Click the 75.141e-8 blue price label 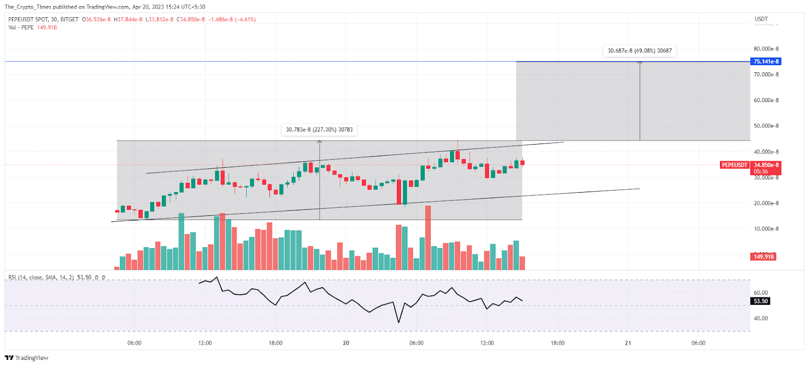[x=766, y=62]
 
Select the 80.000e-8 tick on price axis [x=766, y=49]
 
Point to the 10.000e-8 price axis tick [x=766, y=229]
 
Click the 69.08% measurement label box [x=640, y=51]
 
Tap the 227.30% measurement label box [x=319, y=130]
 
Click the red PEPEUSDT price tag [x=734, y=165]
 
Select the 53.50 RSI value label [x=760, y=301]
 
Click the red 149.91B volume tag [x=763, y=257]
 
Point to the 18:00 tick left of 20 [x=276, y=343]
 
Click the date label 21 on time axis [x=628, y=343]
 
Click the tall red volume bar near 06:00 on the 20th [x=428, y=238]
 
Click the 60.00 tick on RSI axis [x=760, y=293]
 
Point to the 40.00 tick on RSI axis [x=760, y=318]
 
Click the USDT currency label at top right [x=761, y=19]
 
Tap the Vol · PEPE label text [x=21, y=28]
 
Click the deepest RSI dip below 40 [x=398, y=322]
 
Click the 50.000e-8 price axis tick [x=766, y=126]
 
